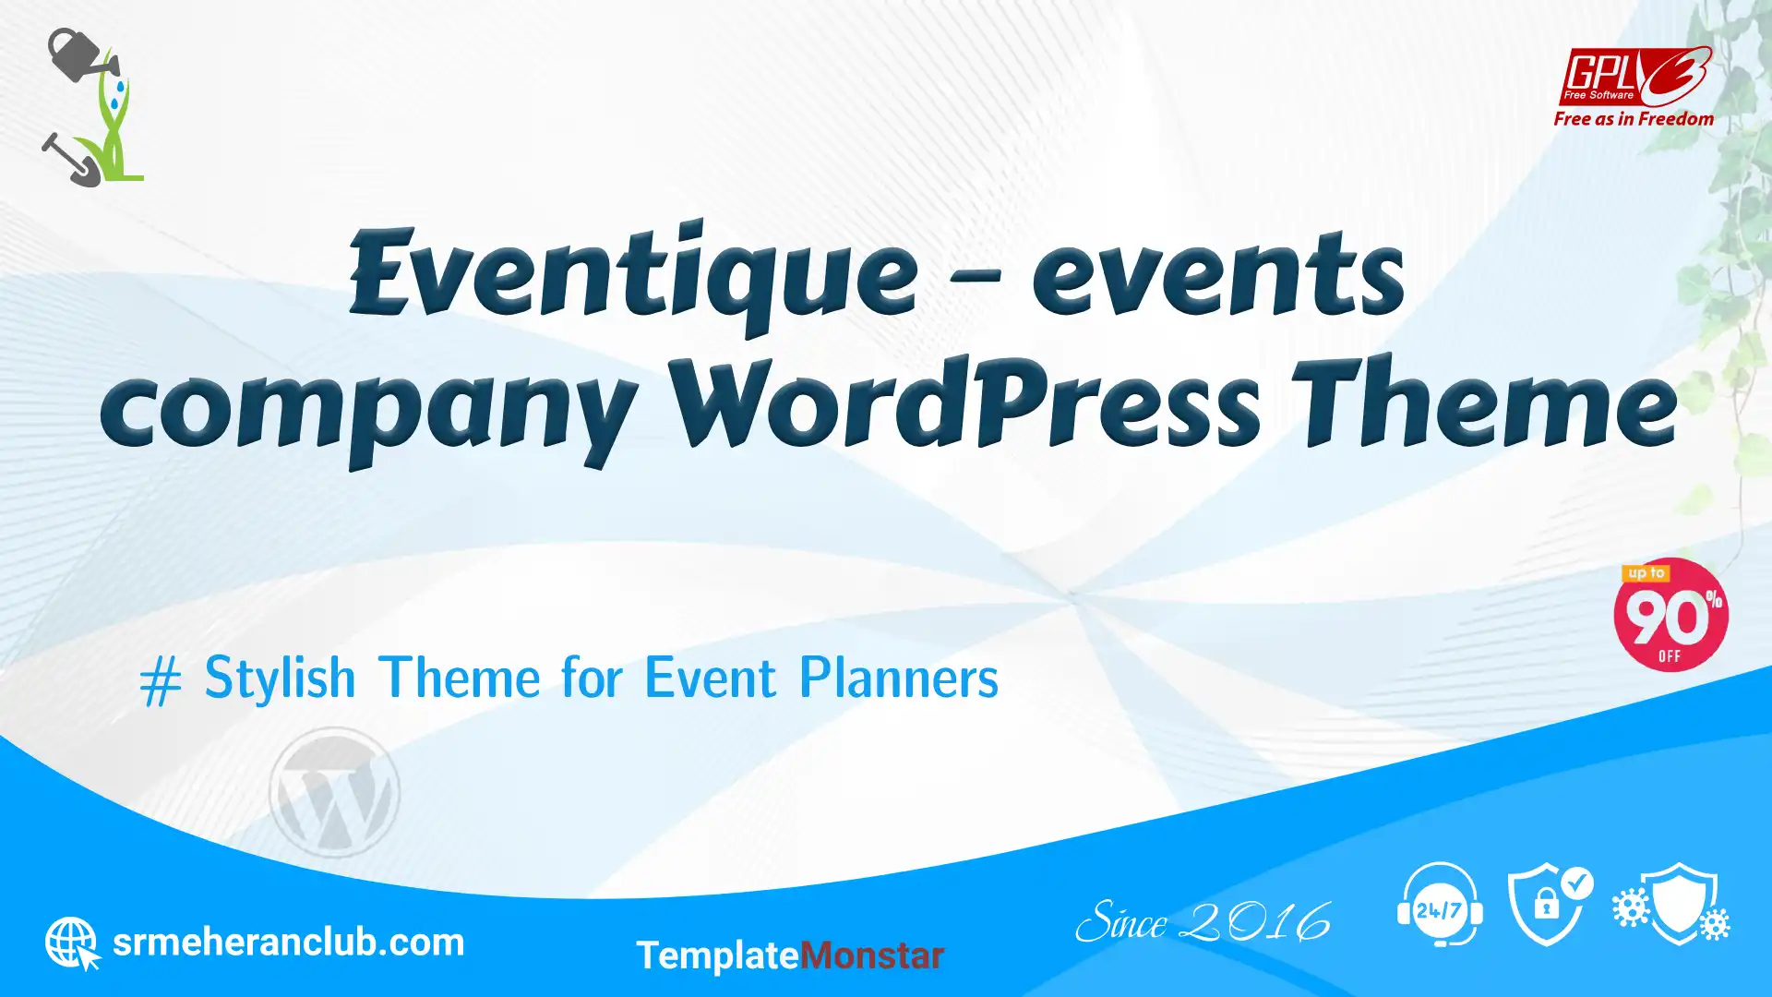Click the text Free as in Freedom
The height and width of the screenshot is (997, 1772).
[x=1634, y=119]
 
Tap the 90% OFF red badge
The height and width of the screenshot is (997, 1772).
[x=1670, y=615]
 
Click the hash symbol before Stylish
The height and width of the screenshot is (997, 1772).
[x=161, y=683]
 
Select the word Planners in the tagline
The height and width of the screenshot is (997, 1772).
[x=898, y=678]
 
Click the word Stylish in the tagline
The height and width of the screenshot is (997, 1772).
[x=280, y=678]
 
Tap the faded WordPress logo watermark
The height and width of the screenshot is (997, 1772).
[x=334, y=792]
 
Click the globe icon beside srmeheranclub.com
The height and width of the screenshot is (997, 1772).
[x=72, y=943]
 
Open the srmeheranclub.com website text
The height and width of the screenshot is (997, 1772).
[x=288, y=943]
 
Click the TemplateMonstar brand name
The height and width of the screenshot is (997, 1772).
[x=790, y=955]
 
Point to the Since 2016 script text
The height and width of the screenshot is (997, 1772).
[x=1203, y=921]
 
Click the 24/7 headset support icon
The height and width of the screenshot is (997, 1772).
[x=1440, y=905]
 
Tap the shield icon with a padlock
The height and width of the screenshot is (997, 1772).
[x=1550, y=905]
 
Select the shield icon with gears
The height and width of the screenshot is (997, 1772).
[x=1672, y=905]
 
